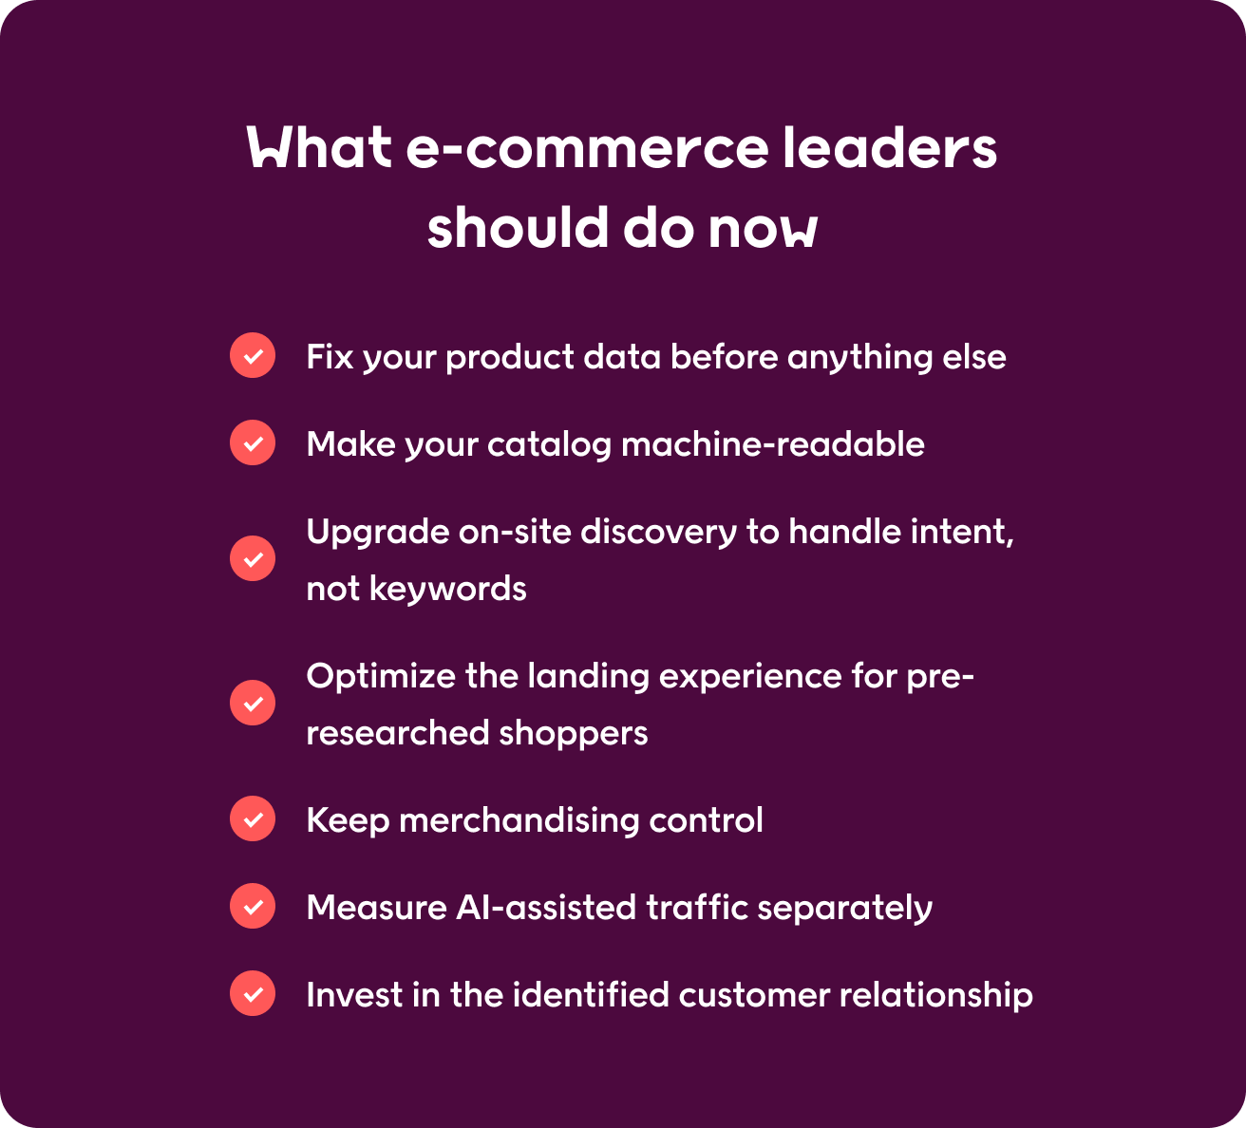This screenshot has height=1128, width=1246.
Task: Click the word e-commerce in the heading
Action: tap(587, 148)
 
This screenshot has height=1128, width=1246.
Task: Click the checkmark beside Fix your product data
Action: tap(253, 355)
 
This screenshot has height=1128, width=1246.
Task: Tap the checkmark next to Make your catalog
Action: tap(253, 442)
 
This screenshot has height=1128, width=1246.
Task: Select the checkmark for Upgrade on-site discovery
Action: tap(253, 558)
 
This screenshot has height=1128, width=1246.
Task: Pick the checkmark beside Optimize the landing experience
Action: tap(253, 703)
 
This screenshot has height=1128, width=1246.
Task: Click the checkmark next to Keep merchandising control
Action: tap(253, 818)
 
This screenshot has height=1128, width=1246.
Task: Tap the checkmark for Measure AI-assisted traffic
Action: tap(253, 906)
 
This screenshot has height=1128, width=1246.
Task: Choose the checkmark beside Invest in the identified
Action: tap(253, 993)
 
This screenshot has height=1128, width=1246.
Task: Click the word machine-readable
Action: tap(773, 444)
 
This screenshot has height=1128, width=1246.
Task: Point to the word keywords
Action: tap(448, 589)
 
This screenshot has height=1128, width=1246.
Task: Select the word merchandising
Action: tap(519, 820)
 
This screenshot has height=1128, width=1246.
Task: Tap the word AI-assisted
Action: tap(546, 908)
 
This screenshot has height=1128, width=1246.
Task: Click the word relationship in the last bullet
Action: tap(936, 994)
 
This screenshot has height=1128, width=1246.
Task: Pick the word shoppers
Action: tap(574, 733)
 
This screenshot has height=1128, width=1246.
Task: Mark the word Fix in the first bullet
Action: tap(330, 357)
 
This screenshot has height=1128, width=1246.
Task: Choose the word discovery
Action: tap(659, 533)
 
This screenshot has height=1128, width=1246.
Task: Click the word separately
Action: tap(844, 908)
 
